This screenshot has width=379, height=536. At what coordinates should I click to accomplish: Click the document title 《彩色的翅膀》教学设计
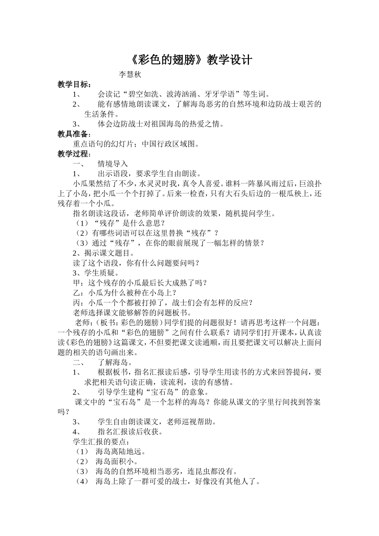tap(191, 60)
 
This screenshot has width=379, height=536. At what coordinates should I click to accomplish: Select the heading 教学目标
tap(74, 85)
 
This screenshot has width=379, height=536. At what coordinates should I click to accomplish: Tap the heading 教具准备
tap(74, 134)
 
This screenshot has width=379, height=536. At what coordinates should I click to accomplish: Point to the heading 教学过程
tap(74, 154)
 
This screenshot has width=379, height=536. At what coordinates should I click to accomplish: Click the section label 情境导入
tap(113, 164)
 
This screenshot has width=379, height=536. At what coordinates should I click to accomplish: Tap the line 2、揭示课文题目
tap(104, 253)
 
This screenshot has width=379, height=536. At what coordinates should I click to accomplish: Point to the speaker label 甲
tap(77, 283)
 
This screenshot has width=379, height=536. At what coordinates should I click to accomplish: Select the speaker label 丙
tap(77, 303)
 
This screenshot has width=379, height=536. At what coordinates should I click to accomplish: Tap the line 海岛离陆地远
tap(120, 452)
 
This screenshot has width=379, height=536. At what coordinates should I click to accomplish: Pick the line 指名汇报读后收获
tap(130, 432)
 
